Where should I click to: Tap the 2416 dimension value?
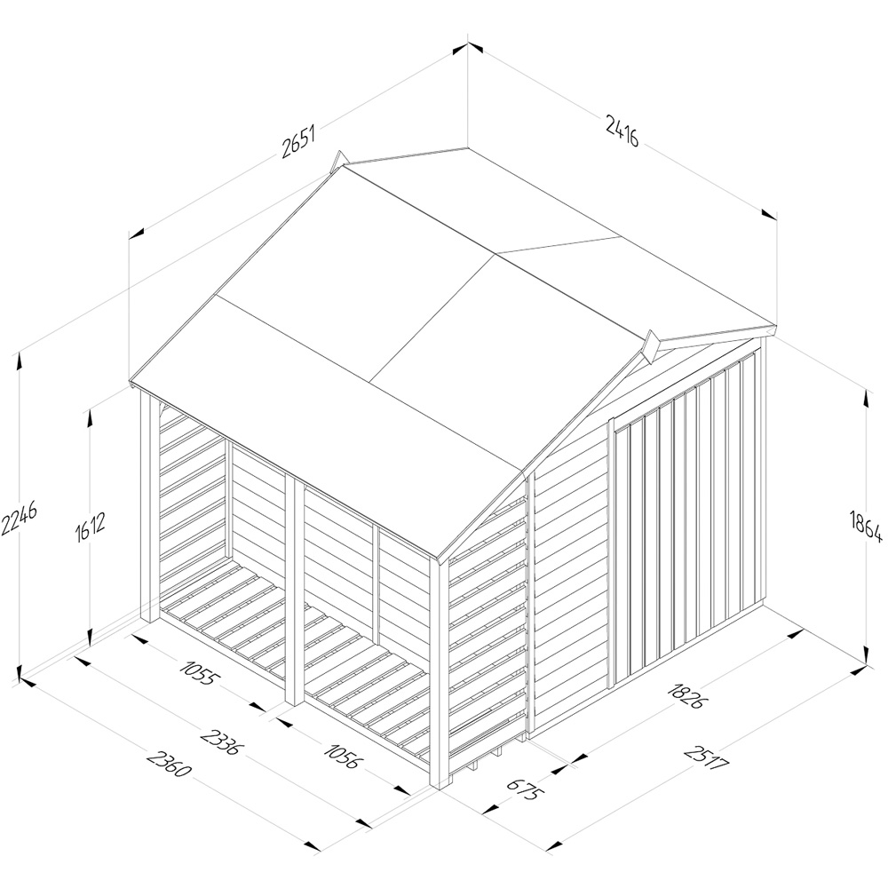622,131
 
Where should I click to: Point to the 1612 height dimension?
90,528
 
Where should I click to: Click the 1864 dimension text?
867,526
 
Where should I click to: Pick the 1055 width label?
198,671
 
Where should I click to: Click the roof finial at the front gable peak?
651,346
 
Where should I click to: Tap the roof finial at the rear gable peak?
338,160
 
